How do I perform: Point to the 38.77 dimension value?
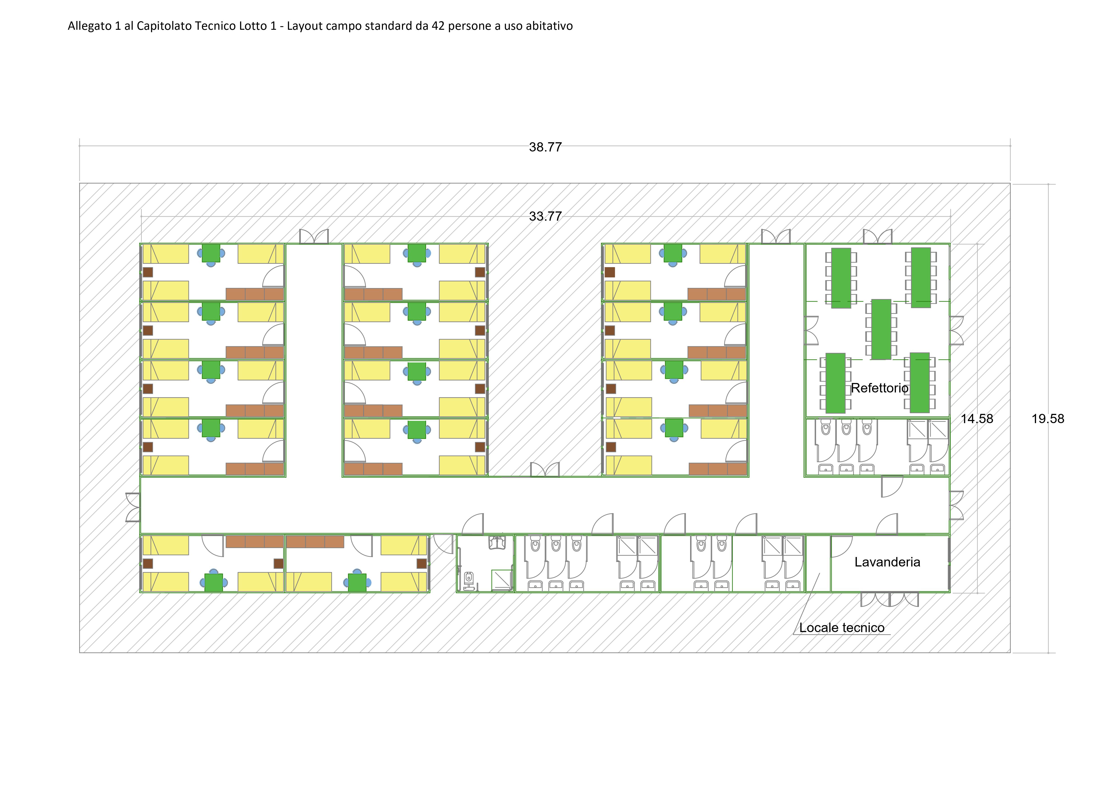click(545, 147)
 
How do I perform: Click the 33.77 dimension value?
click(545, 216)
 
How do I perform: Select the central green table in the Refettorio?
click(881, 330)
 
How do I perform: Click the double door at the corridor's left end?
click(133, 507)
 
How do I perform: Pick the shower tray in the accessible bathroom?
click(502, 580)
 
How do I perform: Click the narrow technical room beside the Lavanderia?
click(818, 564)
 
